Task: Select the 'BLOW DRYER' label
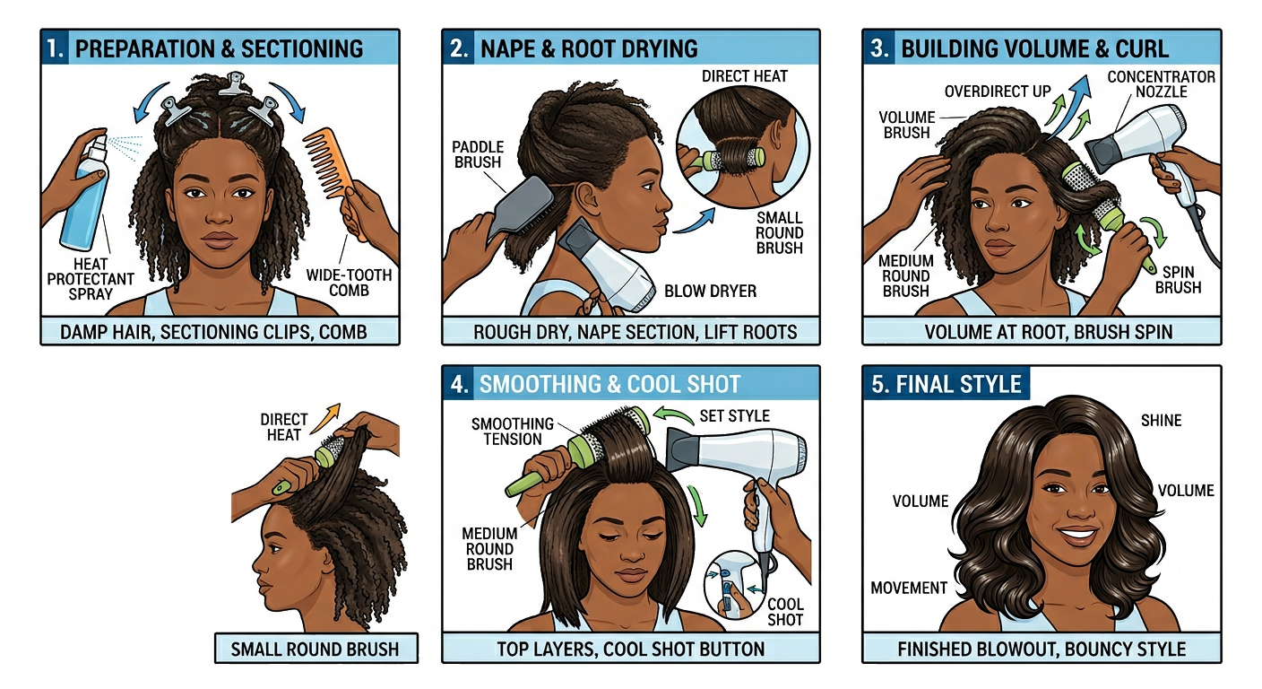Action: pyautogui.click(x=710, y=291)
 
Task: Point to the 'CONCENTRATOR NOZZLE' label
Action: pyautogui.click(x=1161, y=84)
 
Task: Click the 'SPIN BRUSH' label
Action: pyautogui.click(x=1178, y=279)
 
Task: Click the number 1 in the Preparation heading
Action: pyautogui.click(x=56, y=48)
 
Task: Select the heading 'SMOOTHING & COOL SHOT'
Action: pyautogui.click(x=609, y=385)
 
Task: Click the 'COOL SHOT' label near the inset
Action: pyautogui.click(x=784, y=612)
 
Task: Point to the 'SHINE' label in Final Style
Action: pyautogui.click(x=1161, y=420)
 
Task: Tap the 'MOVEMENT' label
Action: pyautogui.click(x=909, y=588)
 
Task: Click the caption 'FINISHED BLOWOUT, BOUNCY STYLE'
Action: pyautogui.click(x=1041, y=649)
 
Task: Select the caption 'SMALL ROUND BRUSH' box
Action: pyautogui.click(x=315, y=649)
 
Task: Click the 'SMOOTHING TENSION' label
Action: pyautogui.click(x=513, y=432)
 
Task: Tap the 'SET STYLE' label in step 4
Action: pyautogui.click(x=734, y=416)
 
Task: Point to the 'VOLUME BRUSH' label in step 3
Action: pyautogui.click(x=907, y=125)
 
